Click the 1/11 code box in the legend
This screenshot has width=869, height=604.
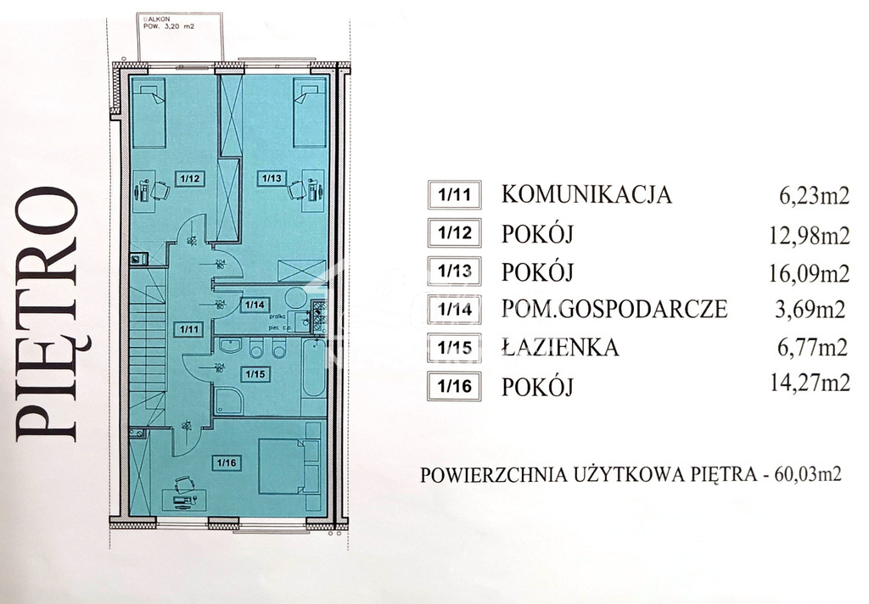(x=455, y=195)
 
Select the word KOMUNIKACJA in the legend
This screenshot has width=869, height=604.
(x=587, y=195)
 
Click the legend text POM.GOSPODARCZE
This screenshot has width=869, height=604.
(x=614, y=310)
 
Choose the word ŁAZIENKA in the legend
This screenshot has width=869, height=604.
(x=560, y=348)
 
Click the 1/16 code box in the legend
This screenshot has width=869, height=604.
(x=455, y=387)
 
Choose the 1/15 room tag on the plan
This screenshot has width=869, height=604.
(x=253, y=372)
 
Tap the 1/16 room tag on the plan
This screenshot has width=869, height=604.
(x=226, y=462)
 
